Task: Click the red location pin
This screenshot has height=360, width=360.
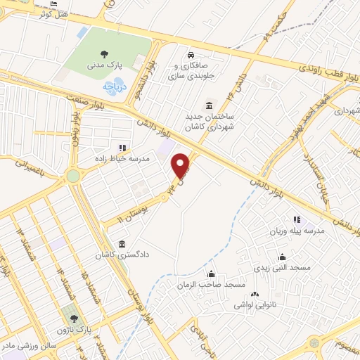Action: point(182,165)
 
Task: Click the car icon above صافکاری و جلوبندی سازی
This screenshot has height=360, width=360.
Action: point(191,55)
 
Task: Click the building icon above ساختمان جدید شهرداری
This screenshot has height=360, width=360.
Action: point(210,105)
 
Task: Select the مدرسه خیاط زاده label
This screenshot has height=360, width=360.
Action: point(124,159)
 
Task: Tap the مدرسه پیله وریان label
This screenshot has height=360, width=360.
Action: point(296,231)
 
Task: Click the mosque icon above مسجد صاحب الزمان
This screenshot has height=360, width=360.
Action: point(211,273)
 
